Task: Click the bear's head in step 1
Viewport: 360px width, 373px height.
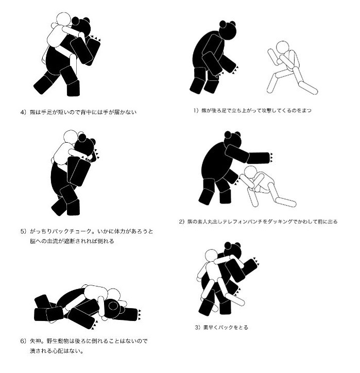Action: tap(228, 30)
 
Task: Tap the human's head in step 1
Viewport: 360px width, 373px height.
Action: tap(282, 47)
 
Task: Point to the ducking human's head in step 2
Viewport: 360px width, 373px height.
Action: tap(250, 172)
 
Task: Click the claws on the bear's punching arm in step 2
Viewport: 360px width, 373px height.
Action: tap(271, 158)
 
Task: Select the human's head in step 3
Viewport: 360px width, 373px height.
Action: tap(211, 256)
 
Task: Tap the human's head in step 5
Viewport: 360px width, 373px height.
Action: tap(71, 137)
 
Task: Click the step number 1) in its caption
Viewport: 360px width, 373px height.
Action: tap(196, 110)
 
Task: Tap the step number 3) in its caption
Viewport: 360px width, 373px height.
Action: tap(198, 327)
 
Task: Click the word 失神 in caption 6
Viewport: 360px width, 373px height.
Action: tap(35, 341)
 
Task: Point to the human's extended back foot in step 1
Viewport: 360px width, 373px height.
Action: tap(308, 88)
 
